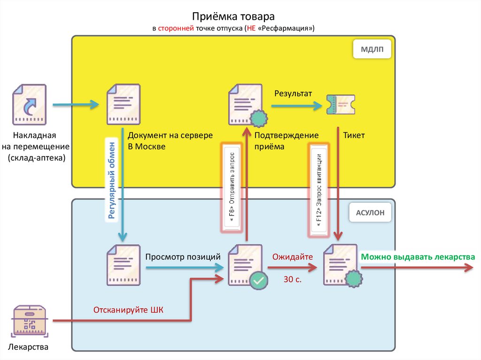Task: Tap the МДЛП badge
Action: coord(372,49)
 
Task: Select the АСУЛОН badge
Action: coord(370,213)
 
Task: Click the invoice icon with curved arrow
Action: coord(30,104)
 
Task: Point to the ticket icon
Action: coord(340,104)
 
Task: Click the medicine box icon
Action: coord(30,322)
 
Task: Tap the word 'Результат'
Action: coord(293,93)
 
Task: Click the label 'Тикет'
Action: coord(354,135)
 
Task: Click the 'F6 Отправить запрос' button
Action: coord(233,188)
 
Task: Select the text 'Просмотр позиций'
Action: coord(183,257)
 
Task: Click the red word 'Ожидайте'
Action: coord(293,257)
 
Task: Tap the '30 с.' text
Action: coord(292,279)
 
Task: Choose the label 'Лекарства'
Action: coord(28,348)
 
